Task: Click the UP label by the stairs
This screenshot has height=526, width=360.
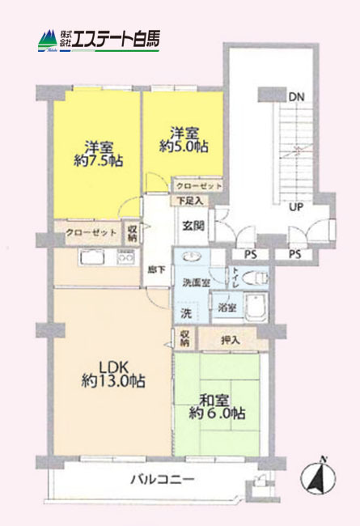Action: pos(296,206)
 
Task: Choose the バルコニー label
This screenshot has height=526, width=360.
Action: pos(162,479)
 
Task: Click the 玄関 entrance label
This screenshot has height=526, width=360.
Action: pos(193,225)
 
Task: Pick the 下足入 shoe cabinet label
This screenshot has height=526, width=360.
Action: pos(190,201)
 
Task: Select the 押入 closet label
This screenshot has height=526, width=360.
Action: pos(231,341)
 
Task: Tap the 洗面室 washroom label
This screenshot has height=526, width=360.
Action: pos(195,283)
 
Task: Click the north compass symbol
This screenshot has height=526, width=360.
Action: pos(318,477)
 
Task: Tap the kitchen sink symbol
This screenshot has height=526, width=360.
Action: pos(90,258)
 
